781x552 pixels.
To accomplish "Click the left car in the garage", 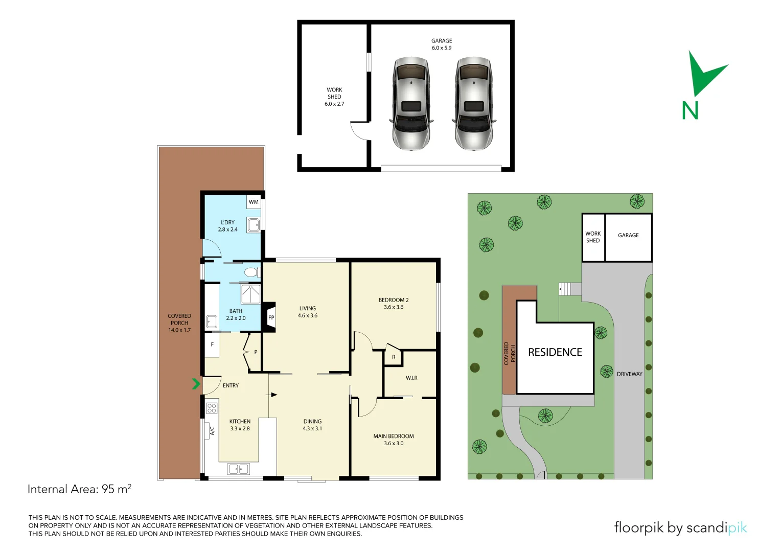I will tap(411, 104).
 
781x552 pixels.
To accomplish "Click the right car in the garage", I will tap(474, 104).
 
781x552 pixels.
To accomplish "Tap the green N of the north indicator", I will tap(690, 110).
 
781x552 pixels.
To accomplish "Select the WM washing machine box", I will tap(254, 202).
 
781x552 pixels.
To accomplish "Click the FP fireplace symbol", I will tap(270, 317).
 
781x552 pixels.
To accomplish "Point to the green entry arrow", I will tap(196, 383).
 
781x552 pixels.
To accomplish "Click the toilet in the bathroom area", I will tap(251, 272).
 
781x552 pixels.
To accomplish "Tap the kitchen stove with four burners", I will tap(212, 408).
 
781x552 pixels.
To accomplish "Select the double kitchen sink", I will tap(238, 469).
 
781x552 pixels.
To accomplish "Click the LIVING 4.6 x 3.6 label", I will tap(308, 312).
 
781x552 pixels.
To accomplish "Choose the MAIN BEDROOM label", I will tap(394, 440).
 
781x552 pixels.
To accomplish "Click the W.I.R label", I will tap(411, 378).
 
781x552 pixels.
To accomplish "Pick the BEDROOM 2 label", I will tap(394, 304).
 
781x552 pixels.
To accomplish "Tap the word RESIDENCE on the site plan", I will tap(555, 352).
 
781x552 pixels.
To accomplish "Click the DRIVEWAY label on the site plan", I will tap(629, 374).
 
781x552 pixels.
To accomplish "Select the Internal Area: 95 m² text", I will tap(79, 489).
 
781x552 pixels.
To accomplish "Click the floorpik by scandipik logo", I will tap(680, 527).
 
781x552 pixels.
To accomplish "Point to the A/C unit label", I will tap(212, 431).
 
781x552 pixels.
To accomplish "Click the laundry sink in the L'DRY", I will tap(254, 224).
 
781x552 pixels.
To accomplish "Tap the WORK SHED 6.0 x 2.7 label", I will tap(334, 97).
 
